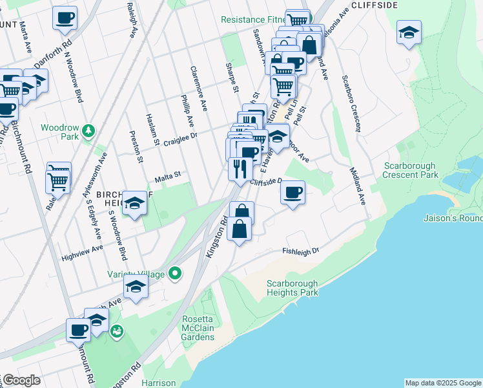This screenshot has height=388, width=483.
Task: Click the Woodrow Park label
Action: click(x=59, y=132)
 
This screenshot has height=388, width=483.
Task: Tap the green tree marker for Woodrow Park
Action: click(x=90, y=131)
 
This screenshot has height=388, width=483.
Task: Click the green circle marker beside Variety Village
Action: click(x=174, y=274)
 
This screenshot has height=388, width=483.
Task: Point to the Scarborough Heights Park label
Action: click(x=293, y=288)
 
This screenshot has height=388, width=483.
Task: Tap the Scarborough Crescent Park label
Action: click(x=411, y=170)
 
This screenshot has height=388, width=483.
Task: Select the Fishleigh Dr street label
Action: click(x=301, y=251)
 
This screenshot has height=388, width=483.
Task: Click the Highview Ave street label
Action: click(x=83, y=248)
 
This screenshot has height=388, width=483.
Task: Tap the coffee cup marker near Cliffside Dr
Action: click(x=293, y=192)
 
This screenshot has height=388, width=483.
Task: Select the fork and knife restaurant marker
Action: click(x=239, y=169)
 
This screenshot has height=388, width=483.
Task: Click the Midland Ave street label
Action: click(x=357, y=187)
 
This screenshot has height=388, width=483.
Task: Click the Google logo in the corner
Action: click(x=21, y=380)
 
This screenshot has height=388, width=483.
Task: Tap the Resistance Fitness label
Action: click(x=251, y=20)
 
